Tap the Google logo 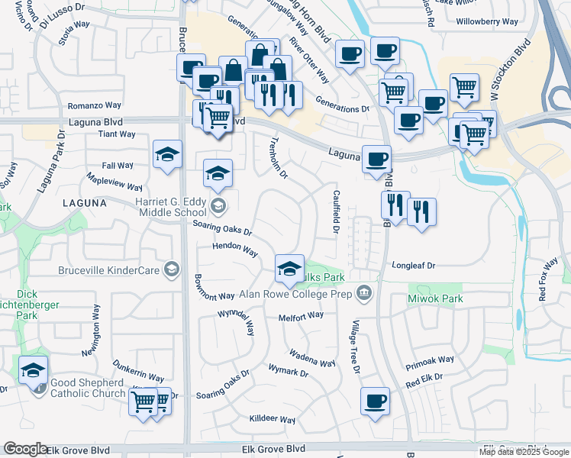[x=25, y=449]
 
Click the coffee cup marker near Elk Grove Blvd [x=374, y=402]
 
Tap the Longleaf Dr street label [x=413, y=266]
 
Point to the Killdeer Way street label [x=273, y=420]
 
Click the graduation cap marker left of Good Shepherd [x=33, y=371]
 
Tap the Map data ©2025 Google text [x=524, y=452]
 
